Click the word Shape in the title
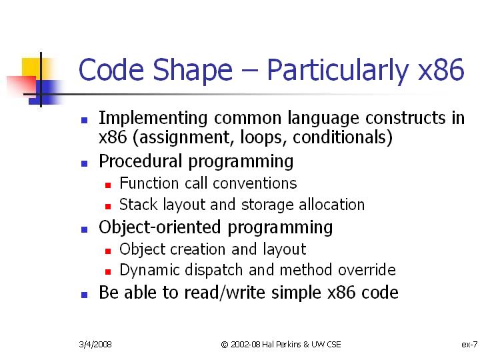[x=193, y=71]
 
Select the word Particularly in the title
[x=338, y=71]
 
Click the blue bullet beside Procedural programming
[x=85, y=164]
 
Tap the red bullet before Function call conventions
[x=108, y=185]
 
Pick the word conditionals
[x=339, y=137]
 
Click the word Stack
[x=139, y=205]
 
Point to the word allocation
[x=331, y=205]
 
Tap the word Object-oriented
[x=159, y=227]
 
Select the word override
[x=367, y=270]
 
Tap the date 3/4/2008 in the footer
[x=95, y=345]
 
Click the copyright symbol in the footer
[x=225, y=345]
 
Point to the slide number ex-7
[x=469, y=345]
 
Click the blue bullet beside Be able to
[x=85, y=295]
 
